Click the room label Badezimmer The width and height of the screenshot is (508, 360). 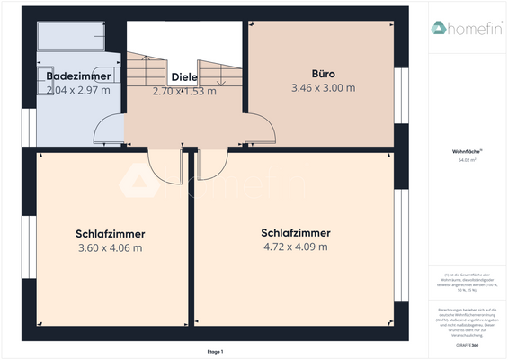[78, 77]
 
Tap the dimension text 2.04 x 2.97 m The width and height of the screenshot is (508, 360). [78, 90]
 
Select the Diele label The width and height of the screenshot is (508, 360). [184, 77]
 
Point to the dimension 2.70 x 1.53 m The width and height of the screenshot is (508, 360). [184, 91]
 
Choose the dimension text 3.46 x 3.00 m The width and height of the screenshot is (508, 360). [323, 88]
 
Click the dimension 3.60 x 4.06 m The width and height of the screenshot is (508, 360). [110, 247]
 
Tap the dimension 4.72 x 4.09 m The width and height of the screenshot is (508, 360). [295, 247]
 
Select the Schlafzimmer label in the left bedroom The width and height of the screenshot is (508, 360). [110, 234]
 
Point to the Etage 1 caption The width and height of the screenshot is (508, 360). [215, 351]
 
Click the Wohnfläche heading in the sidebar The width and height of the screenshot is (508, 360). [465, 154]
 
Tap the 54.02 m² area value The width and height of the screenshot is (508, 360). [465, 162]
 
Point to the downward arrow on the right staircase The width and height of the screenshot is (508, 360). [221, 82]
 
